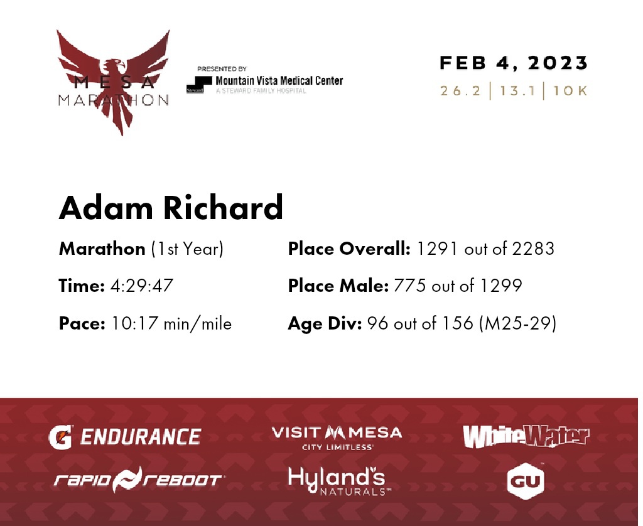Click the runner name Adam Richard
point(171,207)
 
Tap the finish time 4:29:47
point(142,286)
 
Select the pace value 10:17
point(135,323)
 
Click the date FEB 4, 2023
point(514,63)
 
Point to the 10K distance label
point(570,90)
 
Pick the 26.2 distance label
point(460,90)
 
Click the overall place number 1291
point(437,249)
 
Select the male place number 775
point(409,286)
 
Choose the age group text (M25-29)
point(518,323)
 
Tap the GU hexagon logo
point(526,481)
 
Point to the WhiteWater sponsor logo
point(526,436)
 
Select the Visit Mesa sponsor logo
point(337,438)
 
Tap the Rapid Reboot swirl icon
point(127,480)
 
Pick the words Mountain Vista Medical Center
point(279,80)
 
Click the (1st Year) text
point(187,249)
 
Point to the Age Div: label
point(325,323)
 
